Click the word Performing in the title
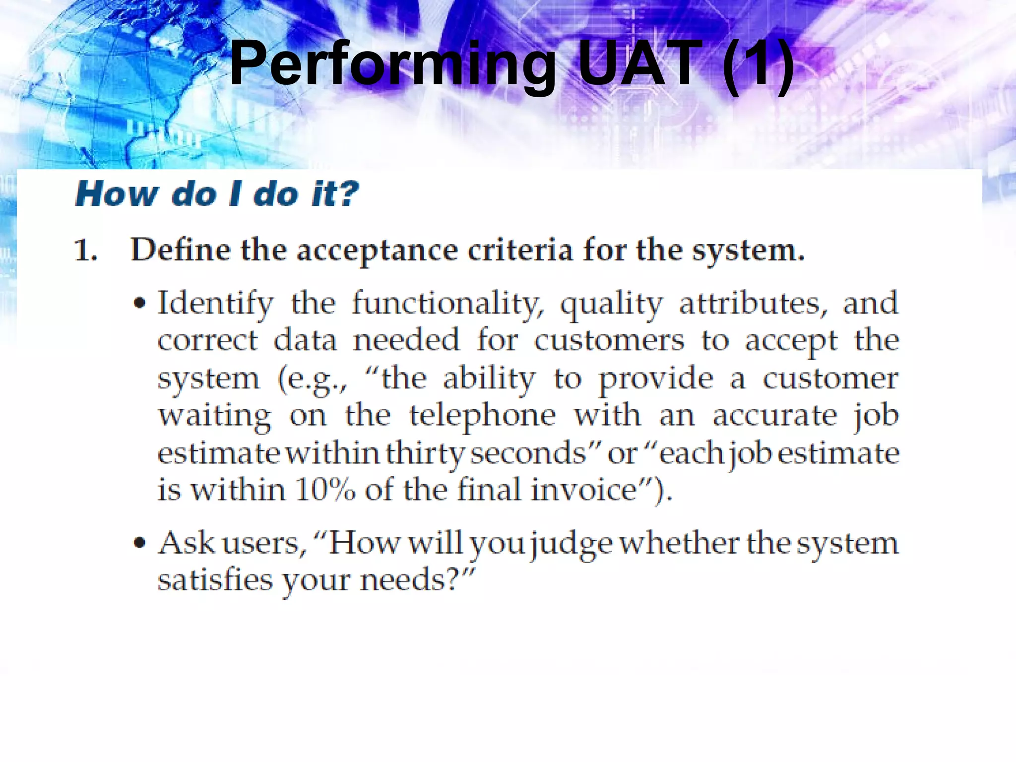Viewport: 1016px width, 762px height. click(x=392, y=64)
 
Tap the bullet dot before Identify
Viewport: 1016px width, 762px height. click(x=140, y=303)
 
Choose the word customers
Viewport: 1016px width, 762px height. click(x=609, y=341)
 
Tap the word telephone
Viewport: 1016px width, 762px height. click(x=482, y=416)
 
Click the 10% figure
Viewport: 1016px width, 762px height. click(x=325, y=490)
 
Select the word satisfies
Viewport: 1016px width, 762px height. click(x=215, y=580)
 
